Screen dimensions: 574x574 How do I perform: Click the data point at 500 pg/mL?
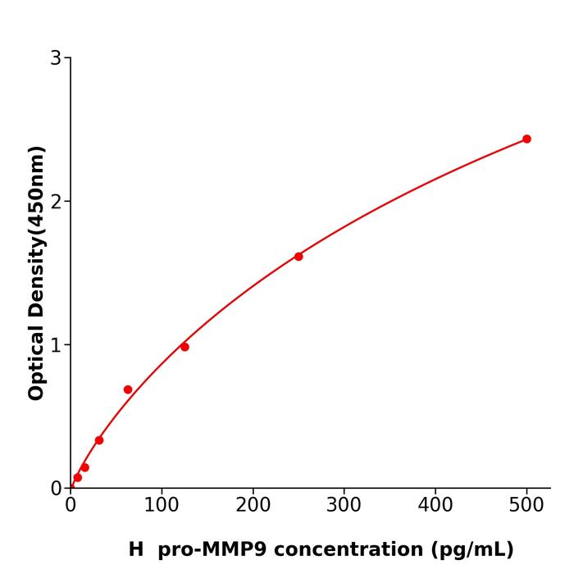pyautogui.click(x=526, y=139)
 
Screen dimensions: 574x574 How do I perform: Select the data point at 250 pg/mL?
pyautogui.click(x=298, y=257)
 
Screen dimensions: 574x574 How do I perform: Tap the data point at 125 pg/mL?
pyautogui.click(x=184, y=347)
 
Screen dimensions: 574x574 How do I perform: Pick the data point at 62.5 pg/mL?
pyautogui.click(x=128, y=389)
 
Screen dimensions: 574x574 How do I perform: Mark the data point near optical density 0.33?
pyautogui.click(x=99, y=440)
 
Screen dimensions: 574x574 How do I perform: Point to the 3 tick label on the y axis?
pyautogui.click(x=56, y=58)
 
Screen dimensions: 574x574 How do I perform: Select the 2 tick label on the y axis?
pyautogui.click(x=56, y=202)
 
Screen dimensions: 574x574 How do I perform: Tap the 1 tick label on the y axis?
pyautogui.click(x=56, y=345)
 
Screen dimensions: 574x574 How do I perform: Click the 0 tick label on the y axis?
pyautogui.click(x=56, y=489)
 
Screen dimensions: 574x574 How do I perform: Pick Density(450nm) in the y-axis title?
pyautogui.click(x=36, y=230)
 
